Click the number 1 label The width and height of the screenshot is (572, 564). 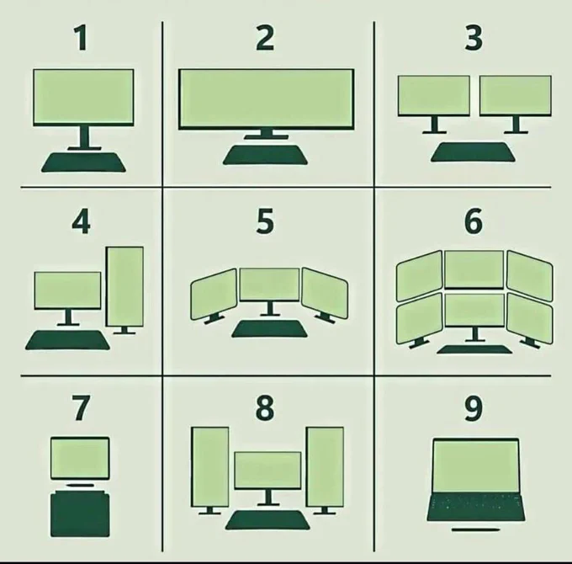pyautogui.click(x=82, y=38)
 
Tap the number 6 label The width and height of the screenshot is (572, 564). pyautogui.click(x=474, y=221)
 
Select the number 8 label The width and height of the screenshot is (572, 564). pyautogui.click(x=265, y=407)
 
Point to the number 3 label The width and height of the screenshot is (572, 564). pyautogui.click(x=474, y=38)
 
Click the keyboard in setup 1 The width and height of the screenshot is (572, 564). pyautogui.click(x=83, y=162)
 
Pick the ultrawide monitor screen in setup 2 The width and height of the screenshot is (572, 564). pyautogui.click(x=267, y=99)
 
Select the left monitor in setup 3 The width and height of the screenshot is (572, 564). pyautogui.click(x=434, y=96)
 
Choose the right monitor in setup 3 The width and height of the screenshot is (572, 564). pyautogui.click(x=516, y=96)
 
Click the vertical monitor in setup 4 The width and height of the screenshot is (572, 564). pyautogui.click(x=124, y=286)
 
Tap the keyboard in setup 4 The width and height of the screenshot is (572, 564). pyautogui.click(x=67, y=340)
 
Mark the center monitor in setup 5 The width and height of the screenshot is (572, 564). pyautogui.click(x=269, y=285)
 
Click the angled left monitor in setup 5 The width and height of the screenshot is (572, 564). pyautogui.click(x=214, y=295)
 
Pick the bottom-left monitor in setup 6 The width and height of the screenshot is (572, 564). pyautogui.click(x=420, y=319)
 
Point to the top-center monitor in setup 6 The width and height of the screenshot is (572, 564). pyautogui.click(x=474, y=269)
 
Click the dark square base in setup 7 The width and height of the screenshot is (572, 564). pyautogui.click(x=80, y=514)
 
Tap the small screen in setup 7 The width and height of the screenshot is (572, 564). pyautogui.click(x=80, y=458)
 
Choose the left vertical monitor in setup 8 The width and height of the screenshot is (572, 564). pyautogui.click(x=210, y=467)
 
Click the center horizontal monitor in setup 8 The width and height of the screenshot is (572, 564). pyautogui.click(x=267, y=471)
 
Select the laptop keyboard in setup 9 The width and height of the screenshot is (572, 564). pyautogui.click(x=476, y=508)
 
